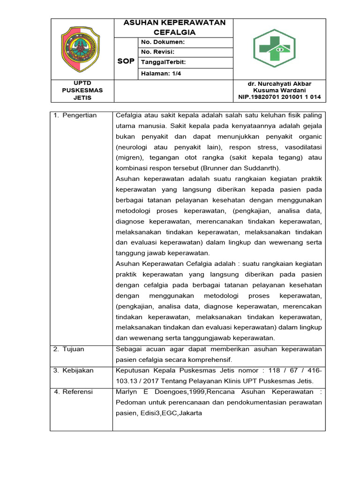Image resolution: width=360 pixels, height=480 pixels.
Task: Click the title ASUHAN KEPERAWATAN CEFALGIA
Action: [174, 28]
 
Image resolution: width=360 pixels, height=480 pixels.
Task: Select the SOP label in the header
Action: [126, 61]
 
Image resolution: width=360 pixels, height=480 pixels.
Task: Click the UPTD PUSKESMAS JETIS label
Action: [82, 90]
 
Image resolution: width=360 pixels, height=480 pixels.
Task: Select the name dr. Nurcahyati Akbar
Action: [279, 83]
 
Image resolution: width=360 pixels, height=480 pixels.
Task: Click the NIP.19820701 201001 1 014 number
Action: [279, 97]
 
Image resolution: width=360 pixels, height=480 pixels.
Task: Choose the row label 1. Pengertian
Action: [75, 115]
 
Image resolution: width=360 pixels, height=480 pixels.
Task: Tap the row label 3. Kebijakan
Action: [73, 370]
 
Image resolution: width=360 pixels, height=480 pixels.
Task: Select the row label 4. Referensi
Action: [74, 391]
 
